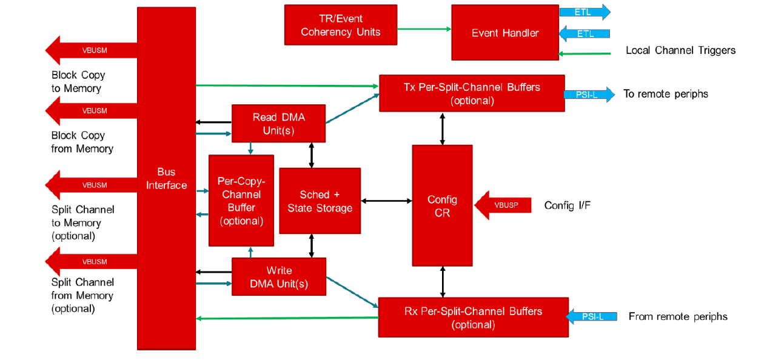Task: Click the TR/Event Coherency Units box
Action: pos(341,25)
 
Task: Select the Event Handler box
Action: pos(505,33)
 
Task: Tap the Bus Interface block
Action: pos(166,178)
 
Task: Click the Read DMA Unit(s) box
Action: pos(278,124)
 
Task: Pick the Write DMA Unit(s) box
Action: pos(279,277)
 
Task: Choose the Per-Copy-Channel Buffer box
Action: pos(241,201)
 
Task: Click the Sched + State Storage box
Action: pos(320,201)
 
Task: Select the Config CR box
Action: pos(442,205)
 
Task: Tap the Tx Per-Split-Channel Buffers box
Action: pos(472,93)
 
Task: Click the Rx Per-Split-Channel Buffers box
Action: pos(473,317)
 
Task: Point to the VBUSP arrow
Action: pos(503,205)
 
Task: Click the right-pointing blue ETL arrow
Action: pos(584,12)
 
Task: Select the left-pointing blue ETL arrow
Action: pos(584,33)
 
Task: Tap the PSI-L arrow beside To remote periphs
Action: pos(588,95)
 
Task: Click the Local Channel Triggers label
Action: pos(680,50)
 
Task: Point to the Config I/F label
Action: pos(567,205)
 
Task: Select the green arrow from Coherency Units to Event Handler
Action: pos(424,28)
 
